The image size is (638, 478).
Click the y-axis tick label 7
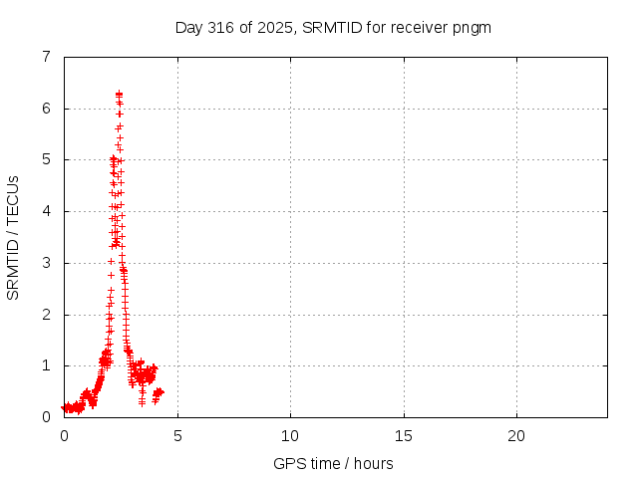click(x=46, y=57)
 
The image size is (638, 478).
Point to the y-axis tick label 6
click(x=46, y=109)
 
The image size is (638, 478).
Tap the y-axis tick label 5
click(x=46, y=159)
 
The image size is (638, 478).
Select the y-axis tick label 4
click(x=46, y=211)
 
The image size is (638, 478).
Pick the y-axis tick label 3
click(x=46, y=263)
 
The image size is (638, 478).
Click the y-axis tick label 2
click(x=46, y=315)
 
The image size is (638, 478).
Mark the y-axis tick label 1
click(x=46, y=365)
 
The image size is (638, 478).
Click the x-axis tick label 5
click(x=177, y=435)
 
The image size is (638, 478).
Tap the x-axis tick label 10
click(x=290, y=435)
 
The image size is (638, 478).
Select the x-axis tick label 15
click(x=404, y=435)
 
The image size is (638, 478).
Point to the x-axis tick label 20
click(x=516, y=435)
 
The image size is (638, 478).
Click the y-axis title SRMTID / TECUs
click(x=13, y=237)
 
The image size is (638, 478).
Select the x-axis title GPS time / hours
click(x=333, y=463)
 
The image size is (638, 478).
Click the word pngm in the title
click(x=473, y=27)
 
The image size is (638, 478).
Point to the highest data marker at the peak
click(x=119, y=94)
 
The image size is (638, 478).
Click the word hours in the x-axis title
click(x=373, y=463)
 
